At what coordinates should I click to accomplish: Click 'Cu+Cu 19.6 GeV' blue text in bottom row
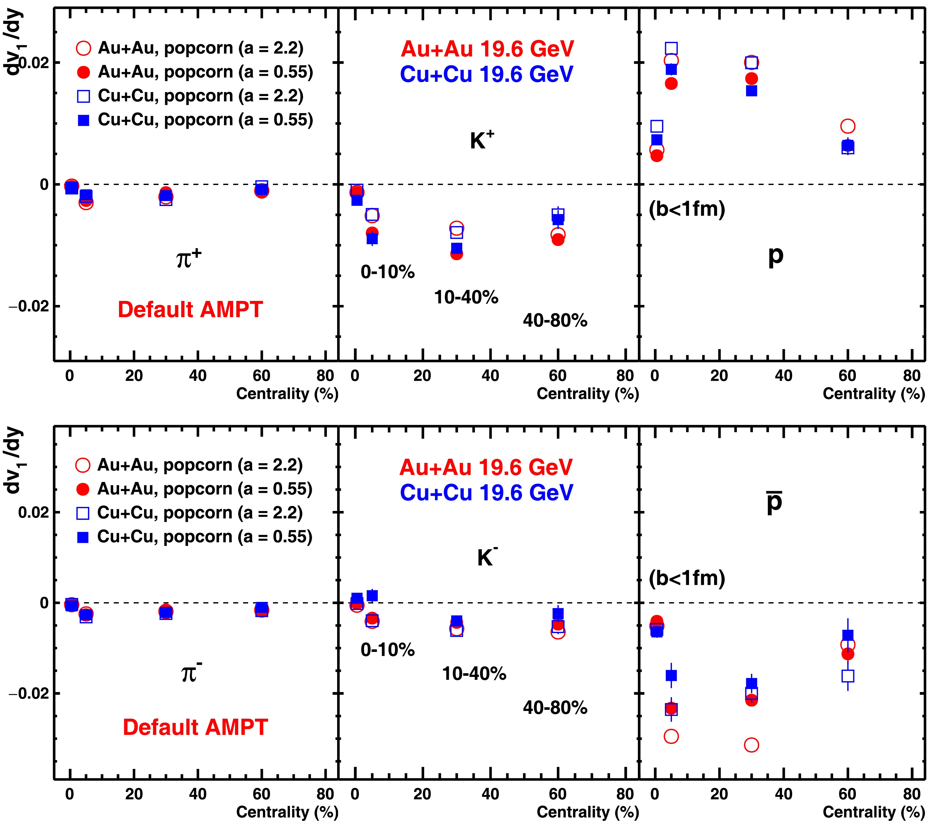pyautogui.click(x=486, y=492)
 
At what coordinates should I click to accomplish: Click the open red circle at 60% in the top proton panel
pyautogui.click(x=847, y=126)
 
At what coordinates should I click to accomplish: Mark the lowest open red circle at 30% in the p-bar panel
pyautogui.click(x=751, y=745)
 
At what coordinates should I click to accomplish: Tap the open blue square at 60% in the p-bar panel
pyautogui.click(x=847, y=676)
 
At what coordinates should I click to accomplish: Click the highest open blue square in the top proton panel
pyautogui.click(x=671, y=48)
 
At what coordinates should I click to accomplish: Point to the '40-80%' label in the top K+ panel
pyautogui.click(x=555, y=320)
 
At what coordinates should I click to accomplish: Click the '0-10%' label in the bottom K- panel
pyautogui.click(x=388, y=650)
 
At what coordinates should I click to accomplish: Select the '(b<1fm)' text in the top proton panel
pyautogui.click(x=686, y=209)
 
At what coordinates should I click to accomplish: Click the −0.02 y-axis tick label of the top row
pyautogui.click(x=28, y=306)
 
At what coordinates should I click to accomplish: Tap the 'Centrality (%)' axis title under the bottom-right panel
pyautogui.click(x=873, y=812)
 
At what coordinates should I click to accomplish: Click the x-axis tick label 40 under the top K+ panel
pyautogui.click(x=490, y=376)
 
